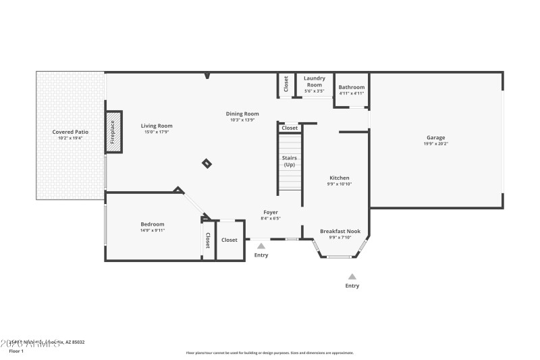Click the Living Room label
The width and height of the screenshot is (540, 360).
(x=157, y=126)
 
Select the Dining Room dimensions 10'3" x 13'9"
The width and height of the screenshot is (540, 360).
(x=242, y=120)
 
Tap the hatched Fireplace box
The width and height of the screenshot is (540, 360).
(x=113, y=132)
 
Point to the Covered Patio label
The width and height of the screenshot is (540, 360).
(x=70, y=132)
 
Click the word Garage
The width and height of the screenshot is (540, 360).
(x=435, y=137)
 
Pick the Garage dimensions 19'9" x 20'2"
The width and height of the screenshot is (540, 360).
(x=435, y=144)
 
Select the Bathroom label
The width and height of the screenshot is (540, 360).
(x=351, y=87)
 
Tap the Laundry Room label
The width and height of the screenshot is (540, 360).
(x=315, y=81)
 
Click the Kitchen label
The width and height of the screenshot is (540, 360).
(x=340, y=178)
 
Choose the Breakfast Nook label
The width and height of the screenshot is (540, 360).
(x=340, y=231)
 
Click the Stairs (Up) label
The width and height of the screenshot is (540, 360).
(x=289, y=161)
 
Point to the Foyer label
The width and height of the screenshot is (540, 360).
(x=270, y=212)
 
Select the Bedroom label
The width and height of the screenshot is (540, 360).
(x=152, y=224)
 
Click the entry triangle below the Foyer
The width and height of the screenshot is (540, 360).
(x=261, y=246)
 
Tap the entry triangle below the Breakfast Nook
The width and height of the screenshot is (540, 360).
(x=352, y=276)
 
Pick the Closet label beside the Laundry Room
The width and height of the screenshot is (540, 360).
(x=286, y=84)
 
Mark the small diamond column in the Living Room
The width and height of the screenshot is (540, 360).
(x=207, y=163)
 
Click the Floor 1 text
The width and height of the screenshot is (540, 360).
(x=16, y=351)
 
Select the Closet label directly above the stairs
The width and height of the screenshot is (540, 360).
(x=290, y=128)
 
